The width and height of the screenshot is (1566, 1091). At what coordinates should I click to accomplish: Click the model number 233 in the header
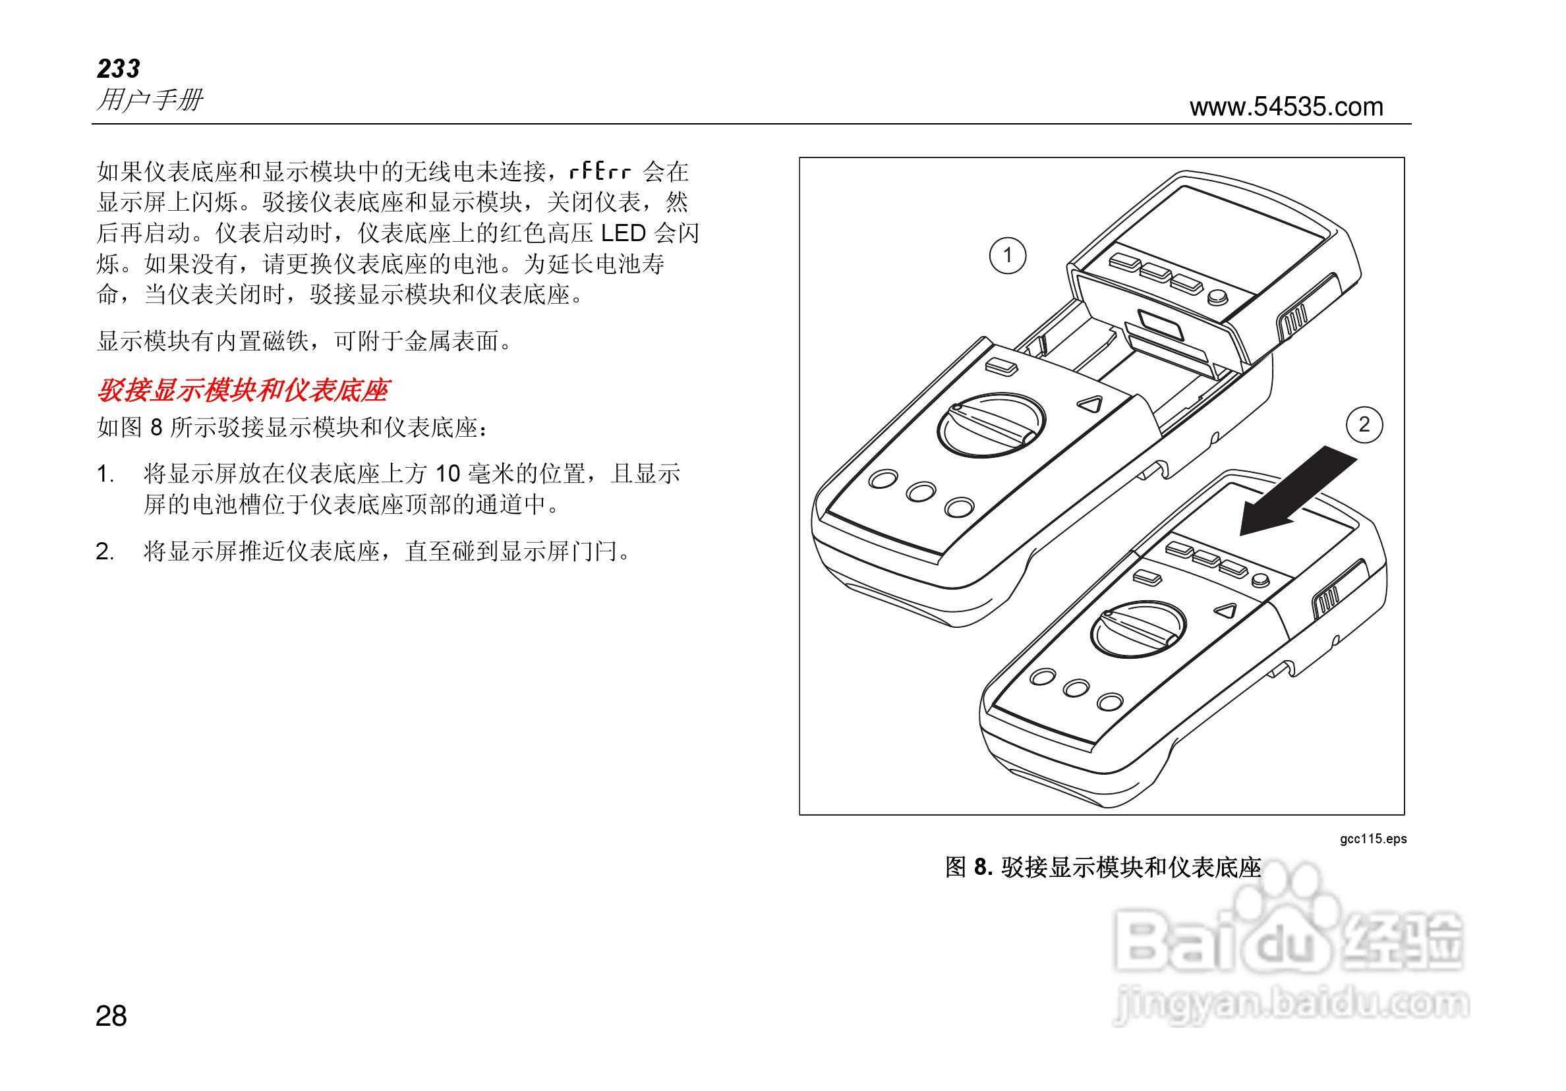coord(119,69)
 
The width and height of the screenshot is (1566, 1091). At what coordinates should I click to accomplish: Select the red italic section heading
coord(242,391)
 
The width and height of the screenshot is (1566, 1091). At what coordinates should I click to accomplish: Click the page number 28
coord(111,1017)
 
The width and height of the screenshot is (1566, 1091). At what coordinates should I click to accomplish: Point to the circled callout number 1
coord(1007,256)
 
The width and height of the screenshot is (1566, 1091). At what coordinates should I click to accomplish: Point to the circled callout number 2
coord(1364,425)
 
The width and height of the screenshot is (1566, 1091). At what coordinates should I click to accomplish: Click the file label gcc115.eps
coord(1373,839)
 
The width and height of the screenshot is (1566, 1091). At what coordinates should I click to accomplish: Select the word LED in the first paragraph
coord(623,233)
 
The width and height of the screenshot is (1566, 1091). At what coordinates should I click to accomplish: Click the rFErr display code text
coord(600,171)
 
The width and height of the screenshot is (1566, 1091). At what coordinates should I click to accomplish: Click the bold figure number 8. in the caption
coord(983,868)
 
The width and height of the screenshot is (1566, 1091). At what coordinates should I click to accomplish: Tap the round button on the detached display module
coord(1217,298)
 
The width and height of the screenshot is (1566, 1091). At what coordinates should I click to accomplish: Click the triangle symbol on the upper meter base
coord(1090,405)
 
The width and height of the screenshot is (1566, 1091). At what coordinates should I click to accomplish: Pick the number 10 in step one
coord(449,474)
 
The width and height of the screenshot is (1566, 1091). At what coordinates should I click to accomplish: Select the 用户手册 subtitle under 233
coord(150,100)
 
